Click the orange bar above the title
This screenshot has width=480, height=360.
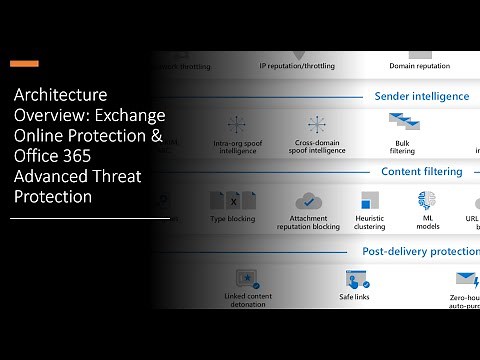[x=24, y=64]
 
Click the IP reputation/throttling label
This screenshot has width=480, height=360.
[x=297, y=66]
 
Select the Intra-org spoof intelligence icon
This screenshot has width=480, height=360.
[x=237, y=125]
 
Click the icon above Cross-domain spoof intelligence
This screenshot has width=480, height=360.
[x=317, y=125]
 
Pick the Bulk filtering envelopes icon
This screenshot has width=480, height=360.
[x=402, y=122]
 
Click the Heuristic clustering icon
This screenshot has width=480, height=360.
[x=369, y=199]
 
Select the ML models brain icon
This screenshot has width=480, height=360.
[x=427, y=199]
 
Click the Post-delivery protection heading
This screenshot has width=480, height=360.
[x=420, y=252]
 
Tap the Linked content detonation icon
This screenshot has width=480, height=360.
[x=247, y=279]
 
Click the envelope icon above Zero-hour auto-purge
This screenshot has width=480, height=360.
[x=466, y=279]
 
